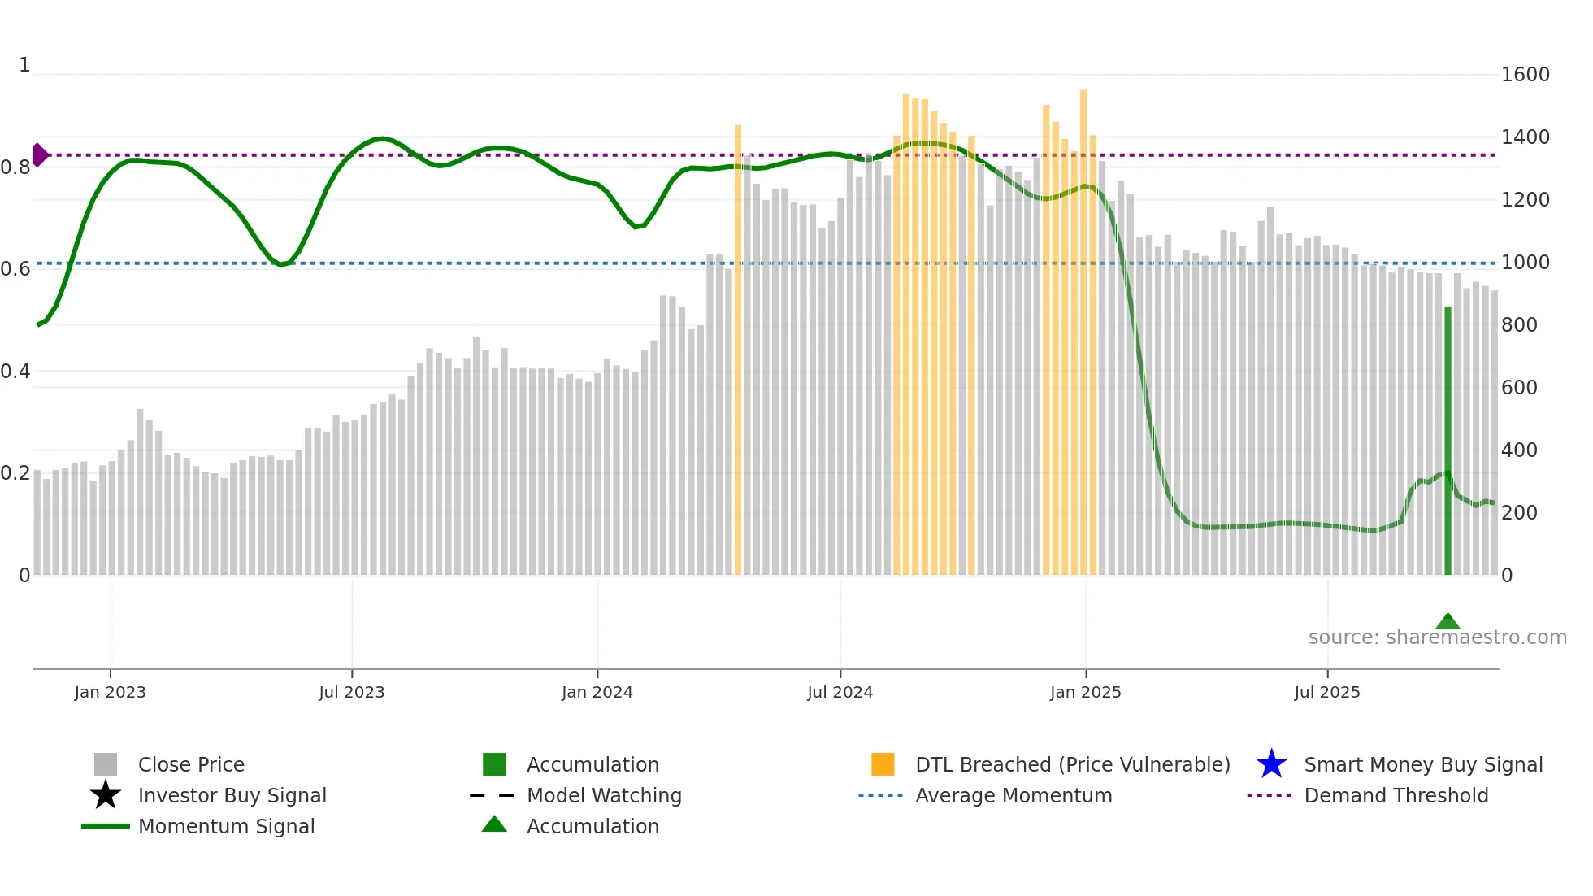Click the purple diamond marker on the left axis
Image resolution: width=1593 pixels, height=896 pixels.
[40, 154]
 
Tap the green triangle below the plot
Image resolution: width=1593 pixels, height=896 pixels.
[1448, 622]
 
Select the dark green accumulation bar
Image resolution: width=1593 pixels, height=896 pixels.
[1448, 439]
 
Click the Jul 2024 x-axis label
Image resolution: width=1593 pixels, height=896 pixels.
[840, 692]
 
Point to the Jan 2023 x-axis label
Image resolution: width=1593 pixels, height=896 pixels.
[110, 692]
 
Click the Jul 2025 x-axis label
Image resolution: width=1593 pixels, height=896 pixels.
[1326, 692]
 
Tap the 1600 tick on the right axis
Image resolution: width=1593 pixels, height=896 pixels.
[1525, 75]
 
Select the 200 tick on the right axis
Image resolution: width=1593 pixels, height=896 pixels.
[1519, 513]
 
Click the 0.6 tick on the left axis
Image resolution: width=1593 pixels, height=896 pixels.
[15, 269]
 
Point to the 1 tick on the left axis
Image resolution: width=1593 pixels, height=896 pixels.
[24, 65]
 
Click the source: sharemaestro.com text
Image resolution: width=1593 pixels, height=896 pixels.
[1437, 637]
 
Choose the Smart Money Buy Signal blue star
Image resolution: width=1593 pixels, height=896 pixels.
[1271, 764]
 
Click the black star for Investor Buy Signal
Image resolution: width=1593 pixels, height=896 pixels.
[106, 795]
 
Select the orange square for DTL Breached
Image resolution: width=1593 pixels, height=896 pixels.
[883, 764]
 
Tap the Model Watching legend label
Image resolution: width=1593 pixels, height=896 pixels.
[604, 795]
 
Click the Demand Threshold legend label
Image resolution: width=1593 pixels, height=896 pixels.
[1396, 795]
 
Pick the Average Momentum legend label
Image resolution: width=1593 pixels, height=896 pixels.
[1014, 795]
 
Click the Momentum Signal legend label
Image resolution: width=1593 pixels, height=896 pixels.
[226, 826]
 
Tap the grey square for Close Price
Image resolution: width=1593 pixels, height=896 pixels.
[106, 764]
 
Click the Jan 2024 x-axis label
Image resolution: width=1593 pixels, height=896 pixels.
[597, 692]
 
